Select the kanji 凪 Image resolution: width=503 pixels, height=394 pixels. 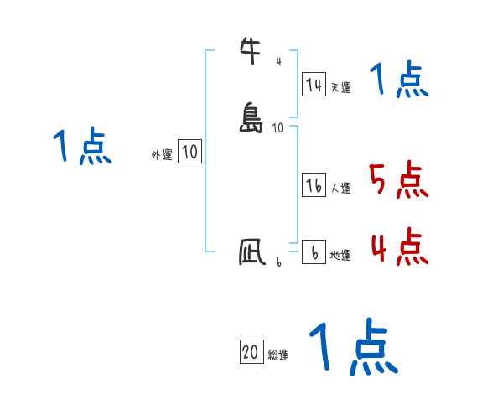pyautogui.click(x=251, y=252)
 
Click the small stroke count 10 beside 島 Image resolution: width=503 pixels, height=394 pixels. pyautogui.click(x=278, y=127)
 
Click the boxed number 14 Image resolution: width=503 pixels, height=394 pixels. pyautogui.click(x=314, y=84)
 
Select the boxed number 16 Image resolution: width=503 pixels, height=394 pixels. pyautogui.click(x=314, y=186)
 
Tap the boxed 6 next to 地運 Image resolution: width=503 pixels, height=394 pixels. pyautogui.click(x=314, y=252)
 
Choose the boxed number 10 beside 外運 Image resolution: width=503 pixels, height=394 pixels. pyautogui.click(x=189, y=152)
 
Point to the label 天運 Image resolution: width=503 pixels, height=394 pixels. pyautogui.click(x=340, y=87)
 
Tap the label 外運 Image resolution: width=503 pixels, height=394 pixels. pyautogui.click(x=162, y=155)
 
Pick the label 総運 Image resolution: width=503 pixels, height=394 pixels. pyautogui.click(x=278, y=355)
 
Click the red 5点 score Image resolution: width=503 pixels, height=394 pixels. pyautogui.click(x=398, y=179)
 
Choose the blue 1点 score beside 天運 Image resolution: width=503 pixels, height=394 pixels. pyautogui.click(x=398, y=80)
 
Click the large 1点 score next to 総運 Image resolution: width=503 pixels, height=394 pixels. pyautogui.click(x=353, y=347)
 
